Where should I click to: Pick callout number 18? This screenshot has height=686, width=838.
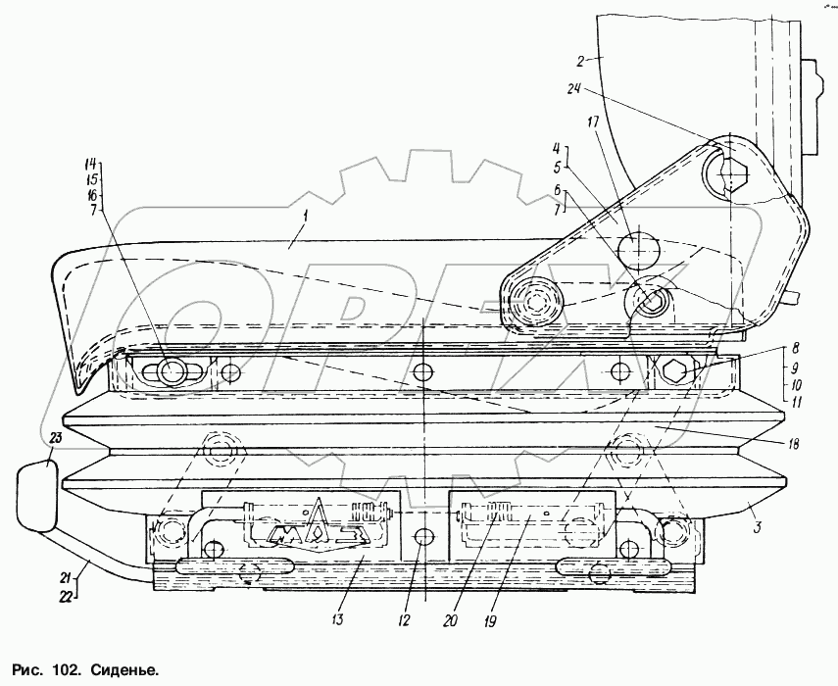[792, 444]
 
